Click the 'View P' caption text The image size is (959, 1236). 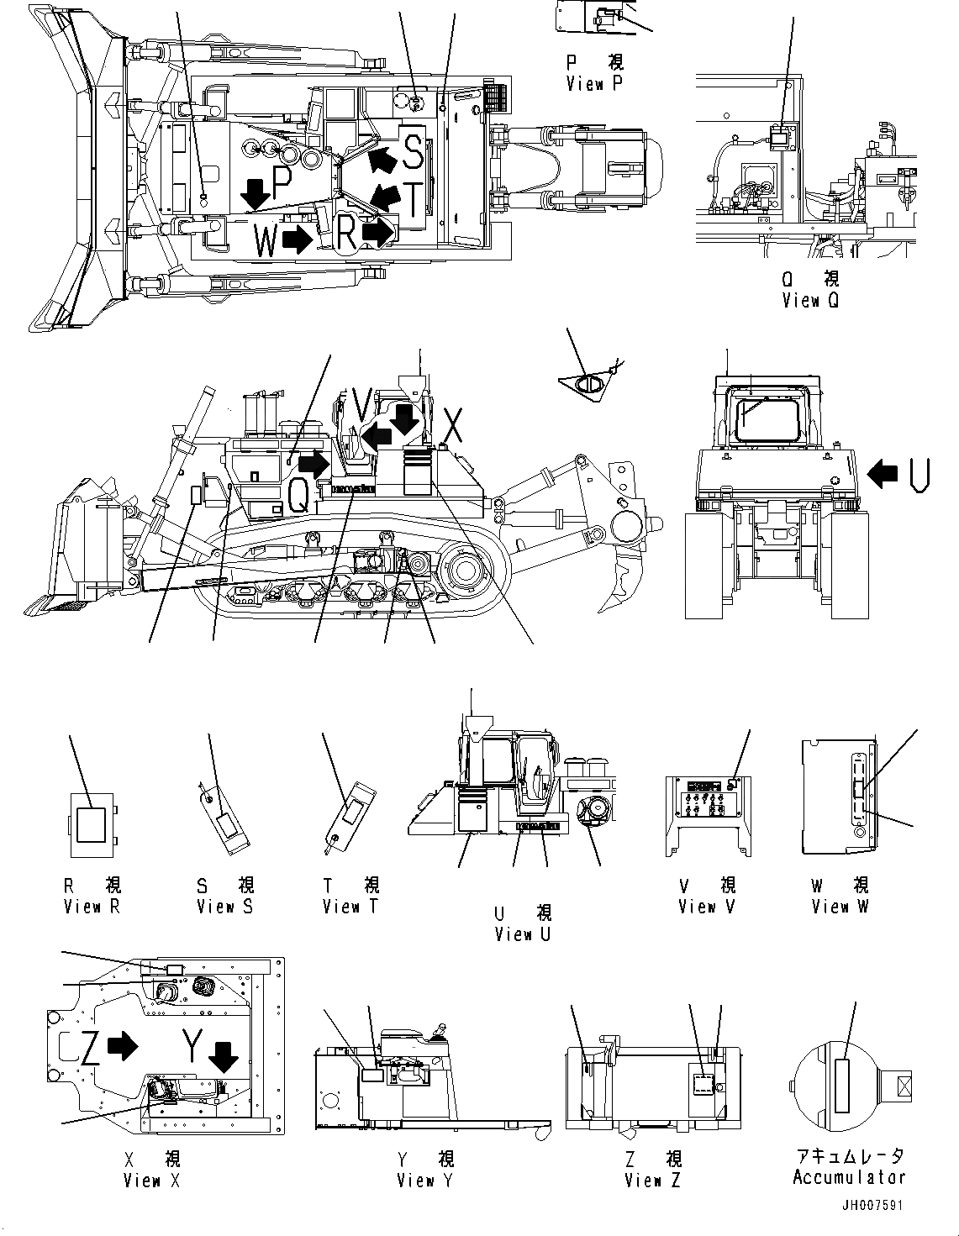(x=594, y=84)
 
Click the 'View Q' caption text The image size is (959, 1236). (x=809, y=300)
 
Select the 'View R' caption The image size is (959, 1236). (x=92, y=907)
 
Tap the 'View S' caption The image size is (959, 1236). (x=224, y=907)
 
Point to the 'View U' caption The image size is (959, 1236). (x=523, y=934)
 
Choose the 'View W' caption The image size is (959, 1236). (x=840, y=907)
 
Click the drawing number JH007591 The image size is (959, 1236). (x=875, y=1205)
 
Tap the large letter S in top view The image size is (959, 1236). (x=414, y=151)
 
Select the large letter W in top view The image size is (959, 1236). (x=266, y=242)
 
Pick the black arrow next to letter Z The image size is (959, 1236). (x=124, y=1045)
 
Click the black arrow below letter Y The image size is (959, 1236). (x=224, y=1056)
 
